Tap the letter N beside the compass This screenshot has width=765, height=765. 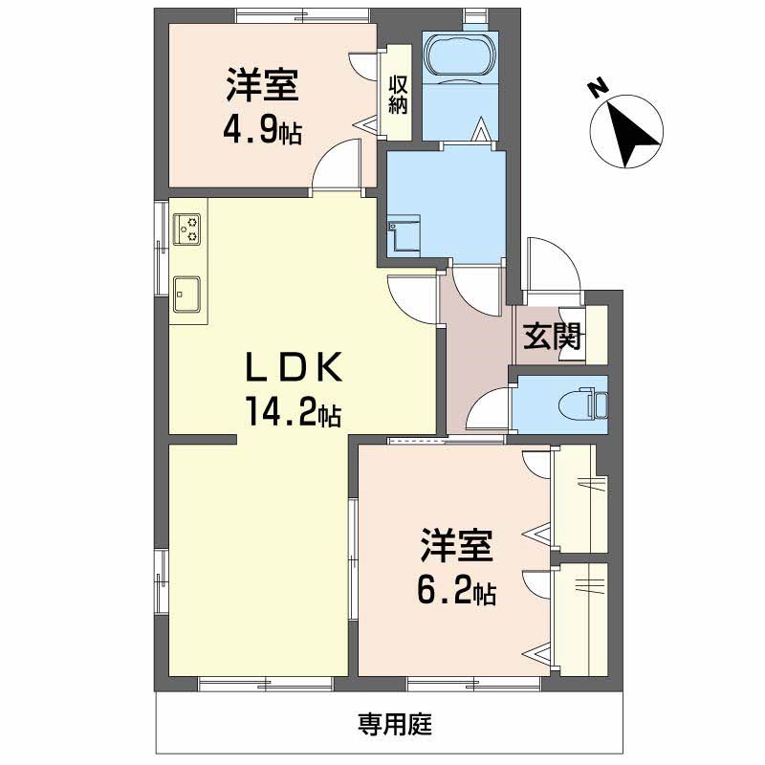pos(599,89)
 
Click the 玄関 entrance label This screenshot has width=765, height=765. pos(554,337)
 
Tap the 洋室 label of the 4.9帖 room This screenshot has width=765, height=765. pos(260,85)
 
